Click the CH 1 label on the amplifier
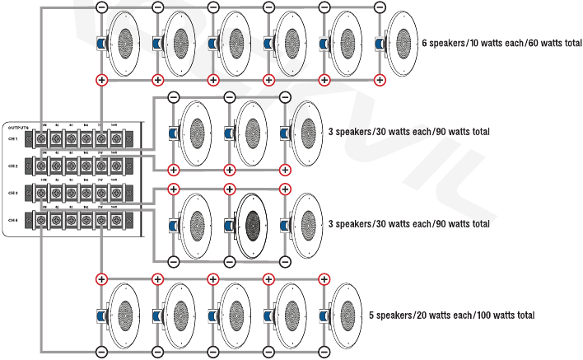[12, 138]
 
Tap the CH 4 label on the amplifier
[12, 220]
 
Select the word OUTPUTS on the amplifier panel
[18, 128]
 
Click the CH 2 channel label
[12, 165]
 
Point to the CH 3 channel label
[12, 193]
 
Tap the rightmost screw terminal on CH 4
[119, 221]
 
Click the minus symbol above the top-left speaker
[101, 7]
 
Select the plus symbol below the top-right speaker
[380, 80]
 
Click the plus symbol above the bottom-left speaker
[101, 279]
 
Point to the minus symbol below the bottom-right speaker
[324, 352]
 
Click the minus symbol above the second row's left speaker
[173, 97]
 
